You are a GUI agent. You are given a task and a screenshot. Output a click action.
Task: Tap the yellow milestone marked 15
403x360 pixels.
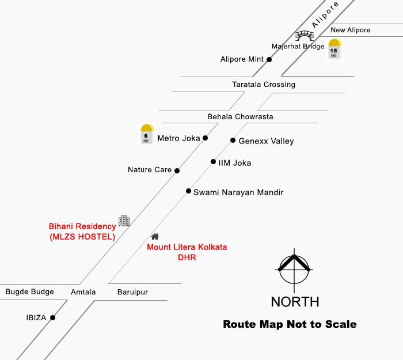click(334, 49)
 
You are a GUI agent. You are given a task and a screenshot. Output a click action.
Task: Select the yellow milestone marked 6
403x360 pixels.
click(147, 134)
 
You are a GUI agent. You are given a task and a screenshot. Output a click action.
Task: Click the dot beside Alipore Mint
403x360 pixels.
click(269, 59)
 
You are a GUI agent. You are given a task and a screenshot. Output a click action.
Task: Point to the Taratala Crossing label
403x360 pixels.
click(264, 85)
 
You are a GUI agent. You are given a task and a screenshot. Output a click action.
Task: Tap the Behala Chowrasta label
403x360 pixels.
click(240, 117)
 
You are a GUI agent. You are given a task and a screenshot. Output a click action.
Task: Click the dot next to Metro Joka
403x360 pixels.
click(205, 138)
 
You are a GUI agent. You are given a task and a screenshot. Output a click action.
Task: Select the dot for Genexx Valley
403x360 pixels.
click(233, 141)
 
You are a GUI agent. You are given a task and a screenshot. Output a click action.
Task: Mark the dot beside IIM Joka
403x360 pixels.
click(213, 162)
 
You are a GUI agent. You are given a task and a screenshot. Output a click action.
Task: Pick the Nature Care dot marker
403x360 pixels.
click(177, 170)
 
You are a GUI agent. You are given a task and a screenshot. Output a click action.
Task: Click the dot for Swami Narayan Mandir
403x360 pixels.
click(188, 191)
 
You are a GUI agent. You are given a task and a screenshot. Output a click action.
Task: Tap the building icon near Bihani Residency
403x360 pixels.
click(124, 221)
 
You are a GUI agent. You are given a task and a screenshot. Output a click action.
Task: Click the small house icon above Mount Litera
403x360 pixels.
click(155, 236)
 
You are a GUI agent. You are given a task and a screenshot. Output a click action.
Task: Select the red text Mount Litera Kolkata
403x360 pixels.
click(187, 247)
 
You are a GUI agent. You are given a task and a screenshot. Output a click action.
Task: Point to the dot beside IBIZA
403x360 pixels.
click(52, 317)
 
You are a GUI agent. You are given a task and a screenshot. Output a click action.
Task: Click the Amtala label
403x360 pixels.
click(83, 293)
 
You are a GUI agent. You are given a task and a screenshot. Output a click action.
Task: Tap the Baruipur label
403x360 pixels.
click(132, 293)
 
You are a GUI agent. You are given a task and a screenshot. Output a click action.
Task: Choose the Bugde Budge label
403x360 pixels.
click(30, 292)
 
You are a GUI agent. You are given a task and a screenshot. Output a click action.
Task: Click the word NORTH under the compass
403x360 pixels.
click(295, 302)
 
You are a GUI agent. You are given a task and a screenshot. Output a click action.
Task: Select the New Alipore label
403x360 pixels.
click(351, 30)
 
